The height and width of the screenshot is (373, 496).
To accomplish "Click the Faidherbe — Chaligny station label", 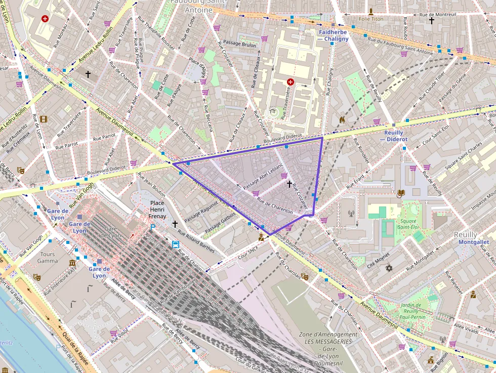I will point(333,35).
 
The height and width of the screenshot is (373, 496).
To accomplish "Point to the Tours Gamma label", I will point(48,257).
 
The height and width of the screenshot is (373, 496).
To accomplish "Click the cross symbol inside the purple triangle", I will point(290,184).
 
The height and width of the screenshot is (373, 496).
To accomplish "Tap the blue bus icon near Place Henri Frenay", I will point(175,244).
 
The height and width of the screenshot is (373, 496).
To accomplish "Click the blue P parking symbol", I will point(152,228).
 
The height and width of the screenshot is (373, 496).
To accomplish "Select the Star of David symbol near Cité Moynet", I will point(389,268).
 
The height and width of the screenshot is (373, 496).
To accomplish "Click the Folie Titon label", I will point(371,19).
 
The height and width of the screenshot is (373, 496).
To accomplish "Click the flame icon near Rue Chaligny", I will point(342,120).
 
